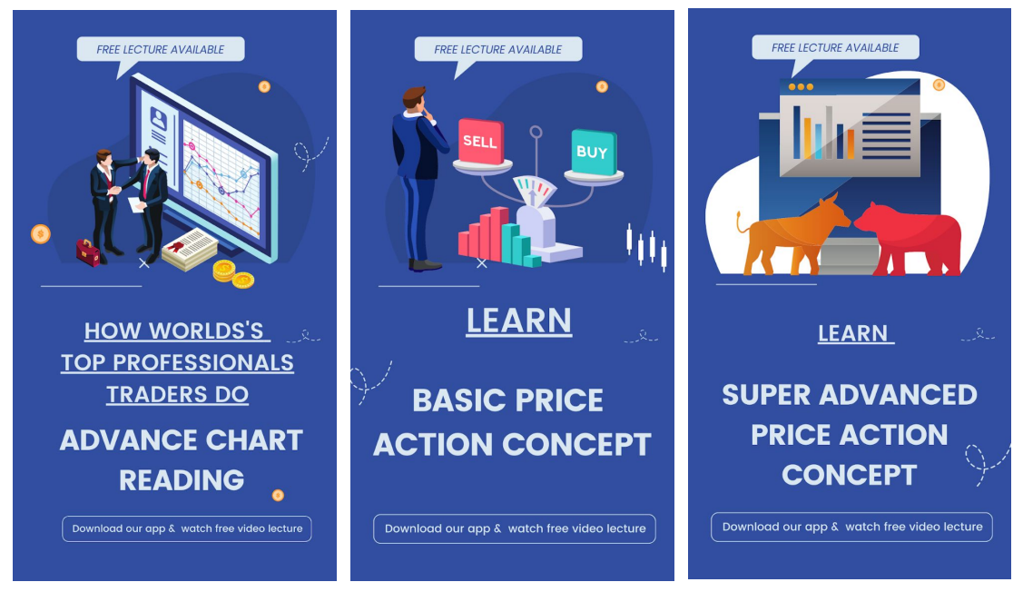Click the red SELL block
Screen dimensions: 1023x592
point(481,141)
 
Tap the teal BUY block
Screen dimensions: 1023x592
point(594,153)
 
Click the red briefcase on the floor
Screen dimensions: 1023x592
point(88,252)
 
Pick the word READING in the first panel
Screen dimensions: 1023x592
point(182,480)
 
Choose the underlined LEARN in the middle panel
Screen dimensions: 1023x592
point(518,321)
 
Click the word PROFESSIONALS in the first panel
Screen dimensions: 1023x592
point(203,363)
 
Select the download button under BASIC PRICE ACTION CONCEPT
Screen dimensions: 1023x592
point(514,528)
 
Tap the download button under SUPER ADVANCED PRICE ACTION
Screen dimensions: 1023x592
point(851,527)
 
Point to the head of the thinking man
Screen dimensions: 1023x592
point(414,99)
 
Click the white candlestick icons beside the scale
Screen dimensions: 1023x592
point(646,247)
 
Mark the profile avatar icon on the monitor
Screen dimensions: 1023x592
point(159,119)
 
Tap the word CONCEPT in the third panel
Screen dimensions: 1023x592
point(850,475)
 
